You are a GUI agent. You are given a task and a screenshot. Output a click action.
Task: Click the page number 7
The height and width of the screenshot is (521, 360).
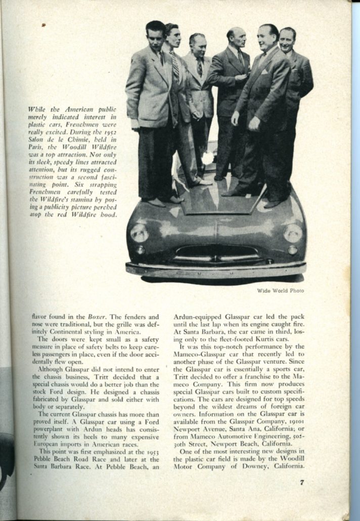coord(301,482)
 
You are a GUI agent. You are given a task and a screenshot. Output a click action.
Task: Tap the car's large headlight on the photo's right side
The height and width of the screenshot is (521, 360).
coord(293,233)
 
